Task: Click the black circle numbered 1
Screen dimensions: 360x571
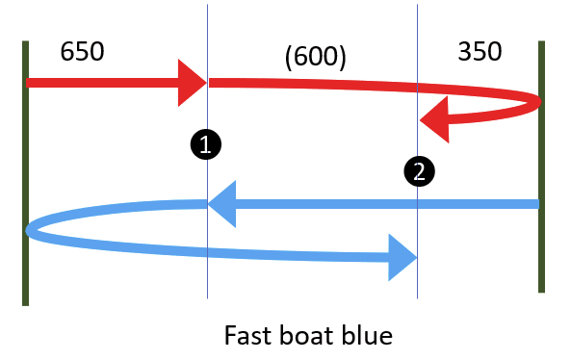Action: pyautogui.click(x=206, y=144)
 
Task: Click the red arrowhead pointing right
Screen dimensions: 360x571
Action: pyautogui.click(x=192, y=83)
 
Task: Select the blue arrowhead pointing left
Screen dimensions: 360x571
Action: pyautogui.click(x=223, y=204)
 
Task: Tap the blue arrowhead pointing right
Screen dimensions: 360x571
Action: pyautogui.click(x=402, y=258)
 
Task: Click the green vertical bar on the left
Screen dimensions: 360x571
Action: pyautogui.click(x=25, y=173)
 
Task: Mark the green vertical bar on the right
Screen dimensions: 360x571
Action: pyautogui.click(x=542, y=166)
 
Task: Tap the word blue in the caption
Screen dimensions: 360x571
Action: pyautogui.click(x=368, y=336)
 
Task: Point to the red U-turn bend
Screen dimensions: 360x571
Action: pyautogui.click(x=535, y=100)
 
